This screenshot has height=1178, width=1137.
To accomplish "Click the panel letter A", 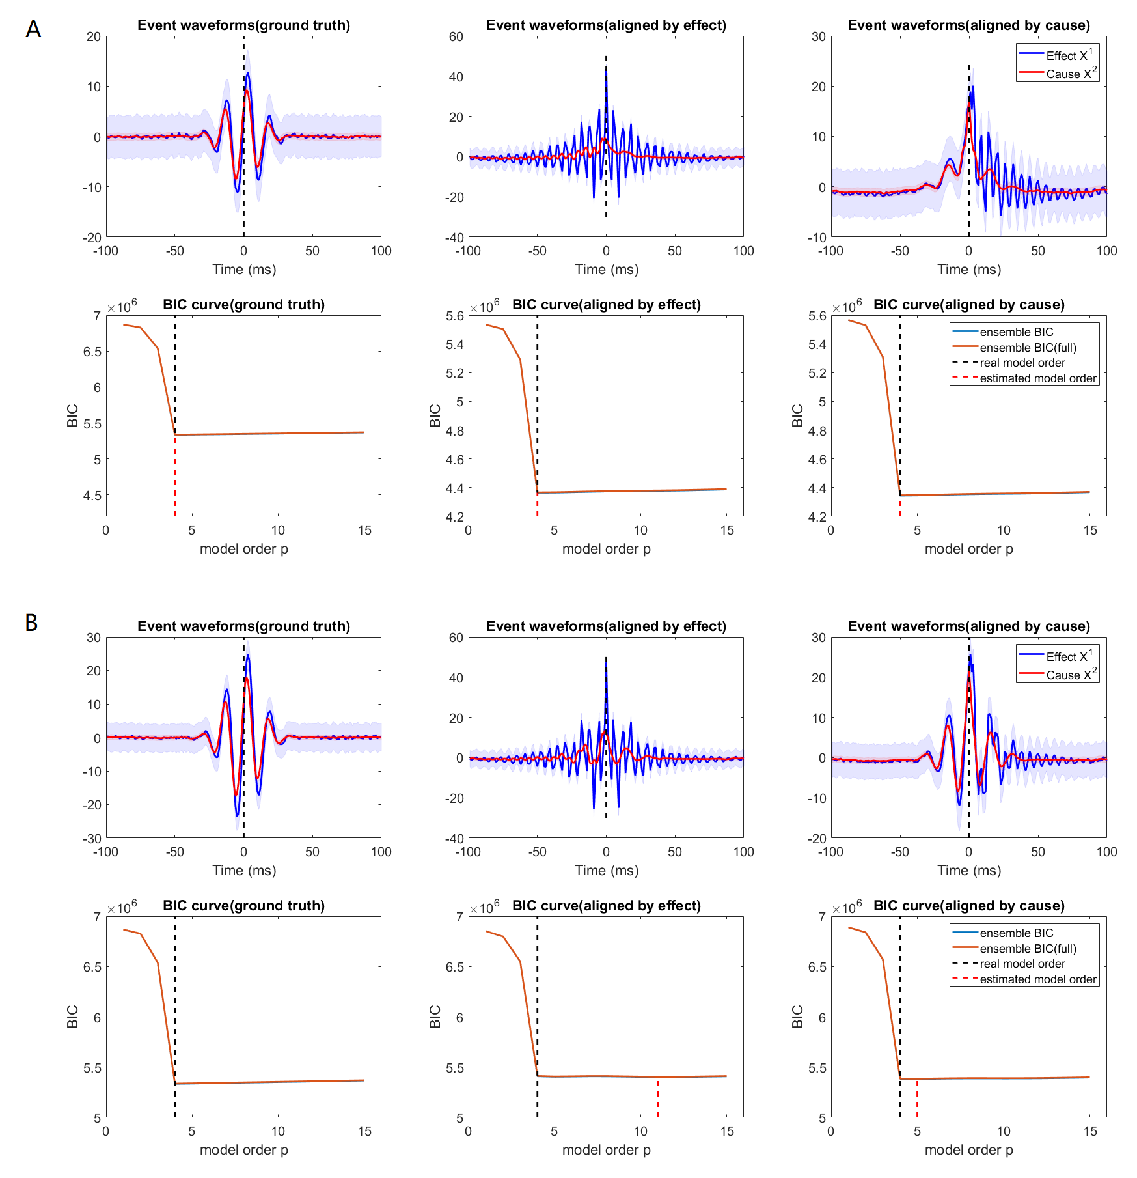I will point(33,29).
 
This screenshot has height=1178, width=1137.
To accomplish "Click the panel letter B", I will point(31,623).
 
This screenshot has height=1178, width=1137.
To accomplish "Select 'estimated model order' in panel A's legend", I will point(1037,378).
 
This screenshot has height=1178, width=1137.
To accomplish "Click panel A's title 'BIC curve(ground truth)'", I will point(243,305).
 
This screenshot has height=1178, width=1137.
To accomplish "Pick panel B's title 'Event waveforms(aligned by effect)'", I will point(606,626).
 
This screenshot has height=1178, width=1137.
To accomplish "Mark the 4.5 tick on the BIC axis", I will point(92,496).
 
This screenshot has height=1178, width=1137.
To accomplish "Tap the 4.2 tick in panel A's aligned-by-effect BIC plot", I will point(455,517).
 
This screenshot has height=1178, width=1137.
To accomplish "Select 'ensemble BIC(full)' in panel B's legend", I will point(1028,949).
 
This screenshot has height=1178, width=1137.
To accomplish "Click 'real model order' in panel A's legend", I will point(1022,363).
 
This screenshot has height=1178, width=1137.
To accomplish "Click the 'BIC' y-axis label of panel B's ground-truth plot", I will point(72,1017).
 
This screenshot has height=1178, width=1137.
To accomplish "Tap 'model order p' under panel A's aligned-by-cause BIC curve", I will point(968,549).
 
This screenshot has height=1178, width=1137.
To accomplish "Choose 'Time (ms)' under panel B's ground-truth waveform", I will point(244,871).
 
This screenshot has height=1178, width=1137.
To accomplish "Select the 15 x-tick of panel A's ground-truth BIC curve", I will point(364,531).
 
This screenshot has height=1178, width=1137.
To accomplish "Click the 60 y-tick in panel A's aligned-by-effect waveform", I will point(456,36).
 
